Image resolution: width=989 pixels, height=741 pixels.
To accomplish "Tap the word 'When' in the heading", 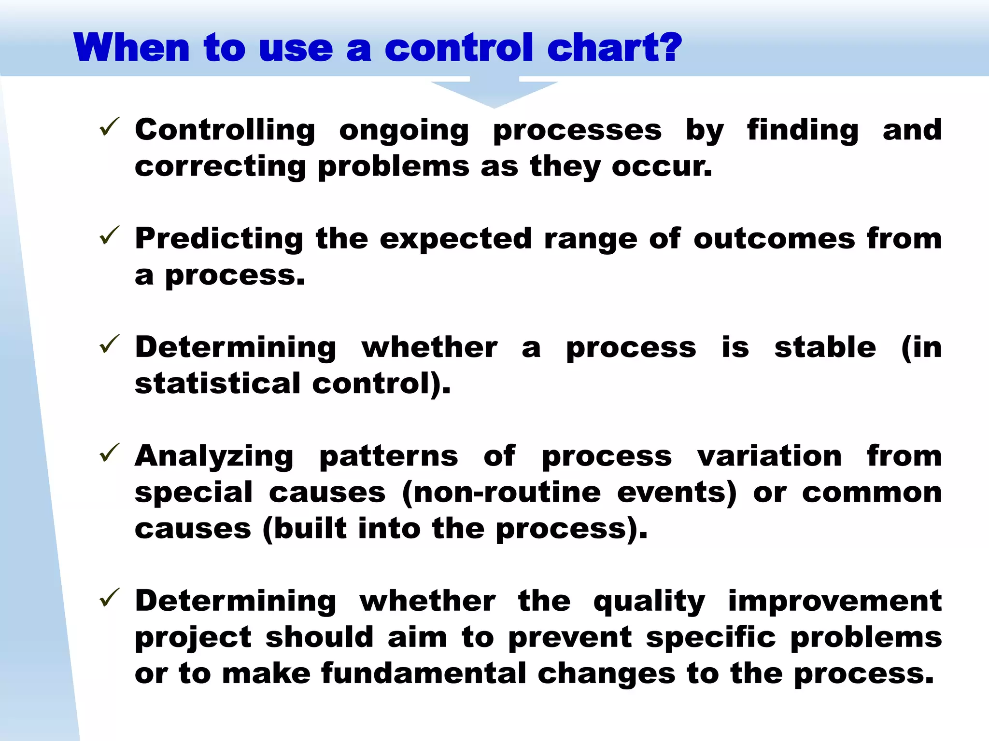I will pos(131,48).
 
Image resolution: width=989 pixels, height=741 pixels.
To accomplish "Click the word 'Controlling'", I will pos(225,130).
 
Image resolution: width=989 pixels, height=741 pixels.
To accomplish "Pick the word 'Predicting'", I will pos(219,239).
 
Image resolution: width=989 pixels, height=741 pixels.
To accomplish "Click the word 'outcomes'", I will pos(774,239).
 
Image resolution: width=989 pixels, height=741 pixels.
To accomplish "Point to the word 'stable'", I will pos(825,347).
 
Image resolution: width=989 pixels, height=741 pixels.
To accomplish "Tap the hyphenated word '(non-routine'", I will pos(501,493).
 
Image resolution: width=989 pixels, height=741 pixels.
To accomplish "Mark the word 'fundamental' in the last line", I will pos(424,674).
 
